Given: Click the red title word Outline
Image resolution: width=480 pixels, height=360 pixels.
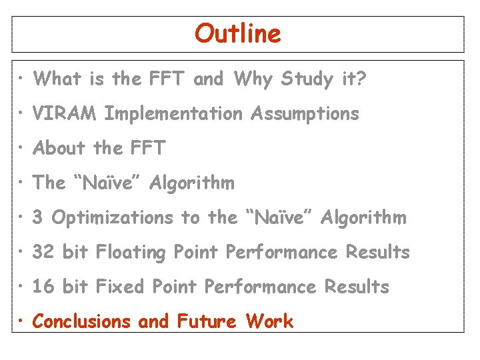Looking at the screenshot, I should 238,33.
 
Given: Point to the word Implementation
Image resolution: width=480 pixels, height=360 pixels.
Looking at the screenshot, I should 173,115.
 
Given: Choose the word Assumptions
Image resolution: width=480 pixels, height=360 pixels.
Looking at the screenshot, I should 305,115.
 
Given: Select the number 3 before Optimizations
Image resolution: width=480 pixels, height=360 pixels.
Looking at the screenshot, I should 38,217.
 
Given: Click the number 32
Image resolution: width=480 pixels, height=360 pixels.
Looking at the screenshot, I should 43,252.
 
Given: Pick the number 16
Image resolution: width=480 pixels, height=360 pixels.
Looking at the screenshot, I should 43,287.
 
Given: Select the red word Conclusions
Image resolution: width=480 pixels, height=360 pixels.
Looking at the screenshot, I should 82,321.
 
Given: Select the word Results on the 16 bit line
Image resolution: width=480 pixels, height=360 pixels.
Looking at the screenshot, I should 357,287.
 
